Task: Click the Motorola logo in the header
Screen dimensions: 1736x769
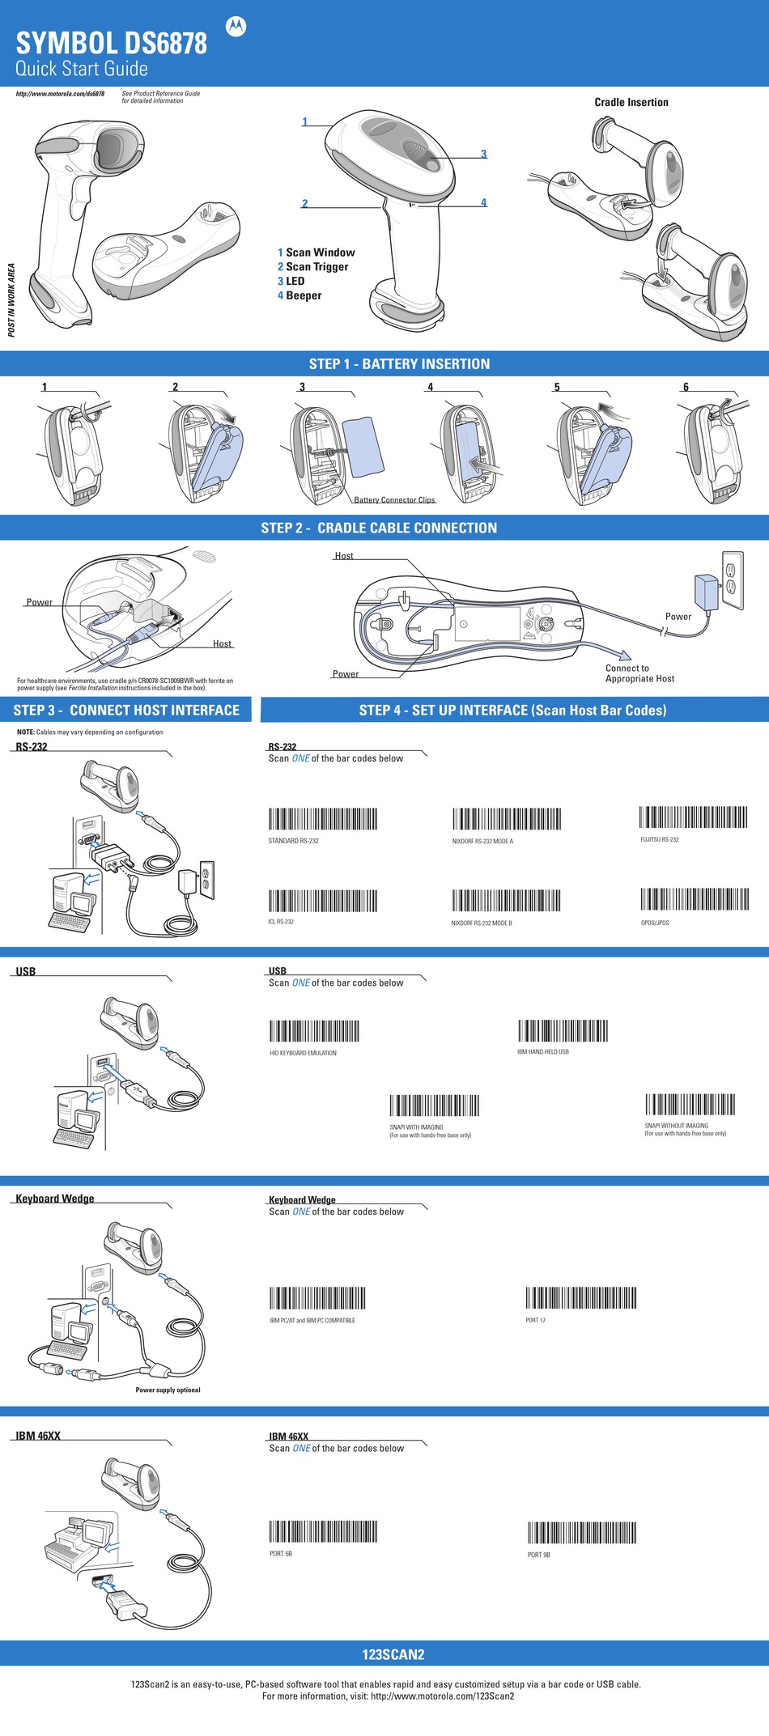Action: point(236,27)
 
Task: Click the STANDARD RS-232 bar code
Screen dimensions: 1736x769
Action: point(322,818)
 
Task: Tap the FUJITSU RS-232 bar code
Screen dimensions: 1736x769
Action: point(693,817)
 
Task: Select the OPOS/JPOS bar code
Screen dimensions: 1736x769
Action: point(695,899)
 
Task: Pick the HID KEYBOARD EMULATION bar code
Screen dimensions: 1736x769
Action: point(314,1031)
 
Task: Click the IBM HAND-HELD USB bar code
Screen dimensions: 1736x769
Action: point(563,1030)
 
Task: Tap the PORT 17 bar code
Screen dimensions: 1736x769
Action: point(580,1298)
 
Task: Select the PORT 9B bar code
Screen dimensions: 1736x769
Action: point(582,1533)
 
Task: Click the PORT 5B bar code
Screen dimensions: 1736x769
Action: point(323,1531)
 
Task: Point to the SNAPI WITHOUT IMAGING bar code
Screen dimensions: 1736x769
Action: point(690,1105)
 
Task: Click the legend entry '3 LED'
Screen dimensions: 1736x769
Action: point(291,282)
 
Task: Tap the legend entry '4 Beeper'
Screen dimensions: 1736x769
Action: point(300,296)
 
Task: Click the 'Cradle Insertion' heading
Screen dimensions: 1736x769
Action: point(631,103)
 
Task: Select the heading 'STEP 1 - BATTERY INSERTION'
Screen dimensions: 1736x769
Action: point(399,364)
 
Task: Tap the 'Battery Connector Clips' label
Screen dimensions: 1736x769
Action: point(394,500)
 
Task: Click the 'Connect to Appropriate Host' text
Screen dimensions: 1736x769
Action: point(639,673)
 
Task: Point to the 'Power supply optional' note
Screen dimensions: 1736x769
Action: point(168,1390)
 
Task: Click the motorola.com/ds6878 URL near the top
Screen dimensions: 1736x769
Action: point(60,94)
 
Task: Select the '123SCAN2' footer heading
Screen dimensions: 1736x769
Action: point(393,1655)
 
